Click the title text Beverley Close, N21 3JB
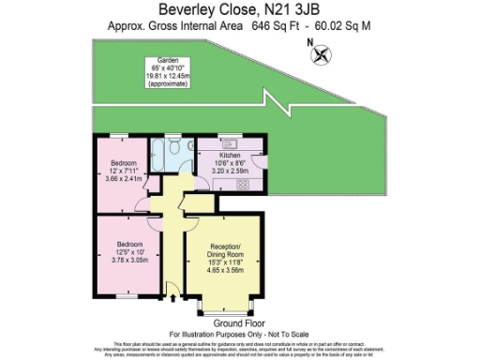[239, 9]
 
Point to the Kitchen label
[231, 155]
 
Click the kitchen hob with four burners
[242, 184]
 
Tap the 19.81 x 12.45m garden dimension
[166, 78]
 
